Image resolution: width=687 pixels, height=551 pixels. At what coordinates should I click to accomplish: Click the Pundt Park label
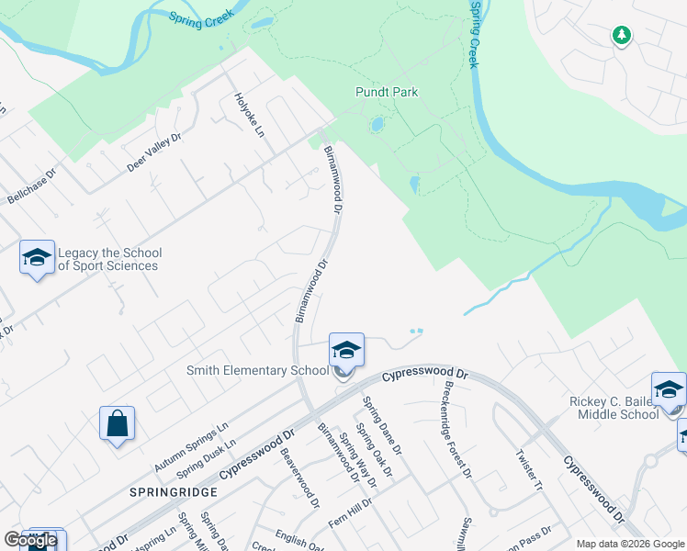point(387,92)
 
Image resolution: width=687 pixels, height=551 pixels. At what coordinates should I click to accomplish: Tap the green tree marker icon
point(622,35)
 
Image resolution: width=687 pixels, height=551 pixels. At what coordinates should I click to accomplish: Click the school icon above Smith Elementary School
point(346,349)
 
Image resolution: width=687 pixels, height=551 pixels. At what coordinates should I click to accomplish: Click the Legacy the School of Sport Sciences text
point(109,260)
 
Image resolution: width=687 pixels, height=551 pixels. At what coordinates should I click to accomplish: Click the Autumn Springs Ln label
point(191,448)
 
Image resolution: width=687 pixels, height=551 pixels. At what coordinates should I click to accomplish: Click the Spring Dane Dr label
point(381,425)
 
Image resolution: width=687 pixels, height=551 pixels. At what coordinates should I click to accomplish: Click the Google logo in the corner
point(31,540)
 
